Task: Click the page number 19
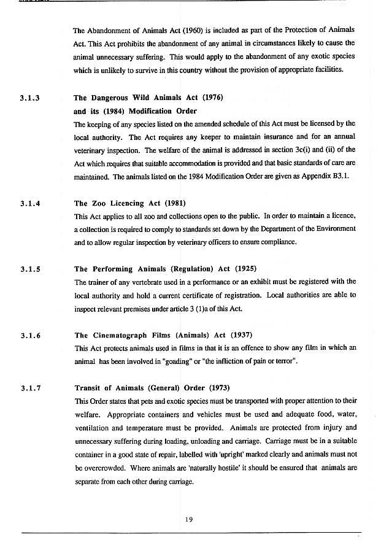190,520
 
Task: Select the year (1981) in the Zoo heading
174,204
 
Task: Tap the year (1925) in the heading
244,269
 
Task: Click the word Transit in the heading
88,388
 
